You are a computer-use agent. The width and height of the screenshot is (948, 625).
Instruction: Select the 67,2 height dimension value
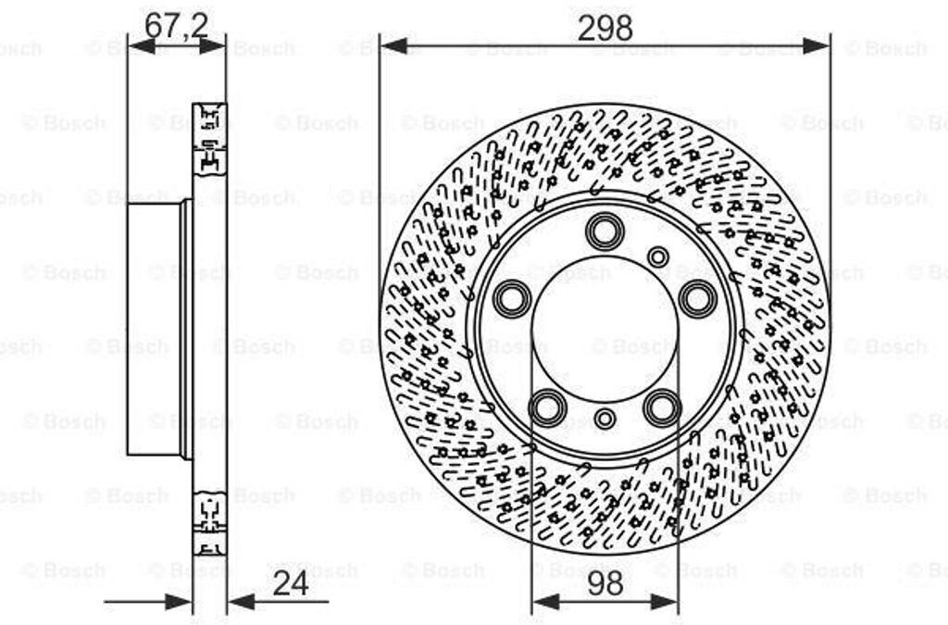[x=176, y=26]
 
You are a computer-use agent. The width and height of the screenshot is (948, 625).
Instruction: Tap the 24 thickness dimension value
[x=291, y=584]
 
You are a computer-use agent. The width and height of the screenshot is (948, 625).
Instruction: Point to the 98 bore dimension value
[x=605, y=584]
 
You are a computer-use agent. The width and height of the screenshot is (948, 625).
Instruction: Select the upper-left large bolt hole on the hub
[x=512, y=298]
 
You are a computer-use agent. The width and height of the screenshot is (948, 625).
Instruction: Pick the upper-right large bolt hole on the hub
[x=697, y=298]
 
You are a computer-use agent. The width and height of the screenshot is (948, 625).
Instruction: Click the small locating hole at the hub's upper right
[x=658, y=256]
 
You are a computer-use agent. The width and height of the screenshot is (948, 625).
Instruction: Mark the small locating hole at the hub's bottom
[x=605, y=419]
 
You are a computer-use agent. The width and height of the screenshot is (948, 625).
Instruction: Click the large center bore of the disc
[x=605, y=329]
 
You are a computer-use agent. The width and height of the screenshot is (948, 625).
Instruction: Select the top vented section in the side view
[x=209, y=137]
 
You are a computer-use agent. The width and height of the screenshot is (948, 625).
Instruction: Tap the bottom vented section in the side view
[x=209, y=522]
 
